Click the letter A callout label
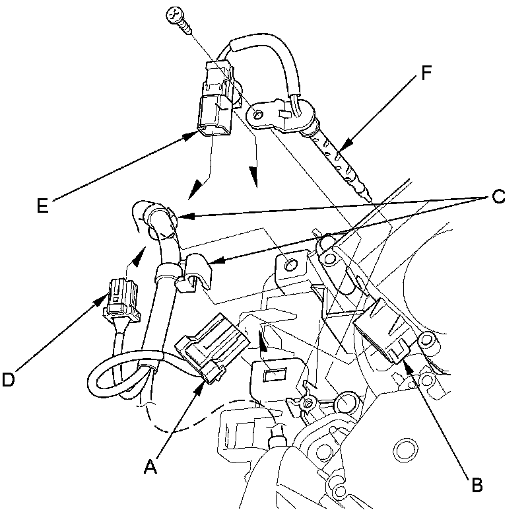click(151, 468)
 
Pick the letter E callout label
click(43, 205)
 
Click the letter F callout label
click(426, 71)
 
